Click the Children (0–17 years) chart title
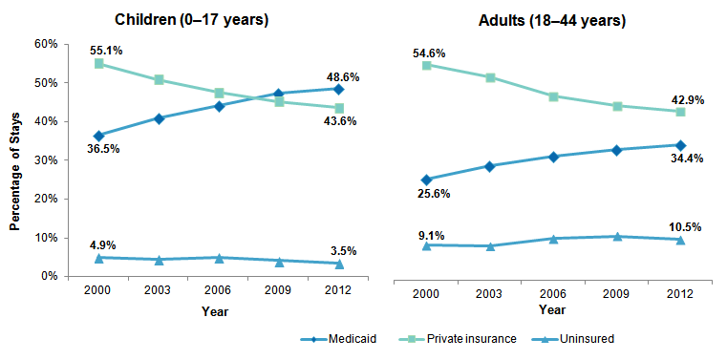click(191, 19)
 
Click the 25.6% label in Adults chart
click(432, 193)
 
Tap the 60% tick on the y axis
click(46, 44)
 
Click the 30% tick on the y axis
click(46, 160)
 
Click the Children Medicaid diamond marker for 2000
click(99, 136)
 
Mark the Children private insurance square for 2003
click(160, 80)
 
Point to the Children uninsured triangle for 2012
click(339, 264)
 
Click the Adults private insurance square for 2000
click(427, 65)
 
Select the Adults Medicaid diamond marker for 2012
click(680, 145)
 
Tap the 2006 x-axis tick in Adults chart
click(553, 293)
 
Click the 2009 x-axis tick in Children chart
click(279, 293)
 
